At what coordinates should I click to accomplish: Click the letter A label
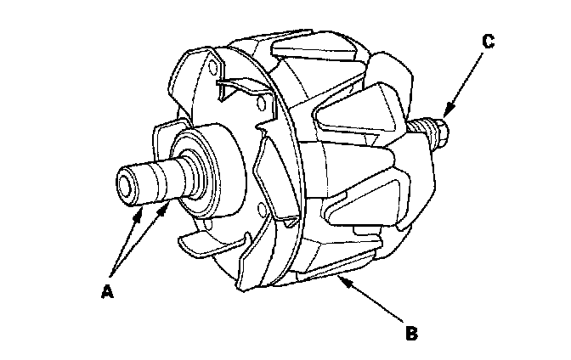point(106,291)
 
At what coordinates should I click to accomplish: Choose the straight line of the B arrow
point(374,301)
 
